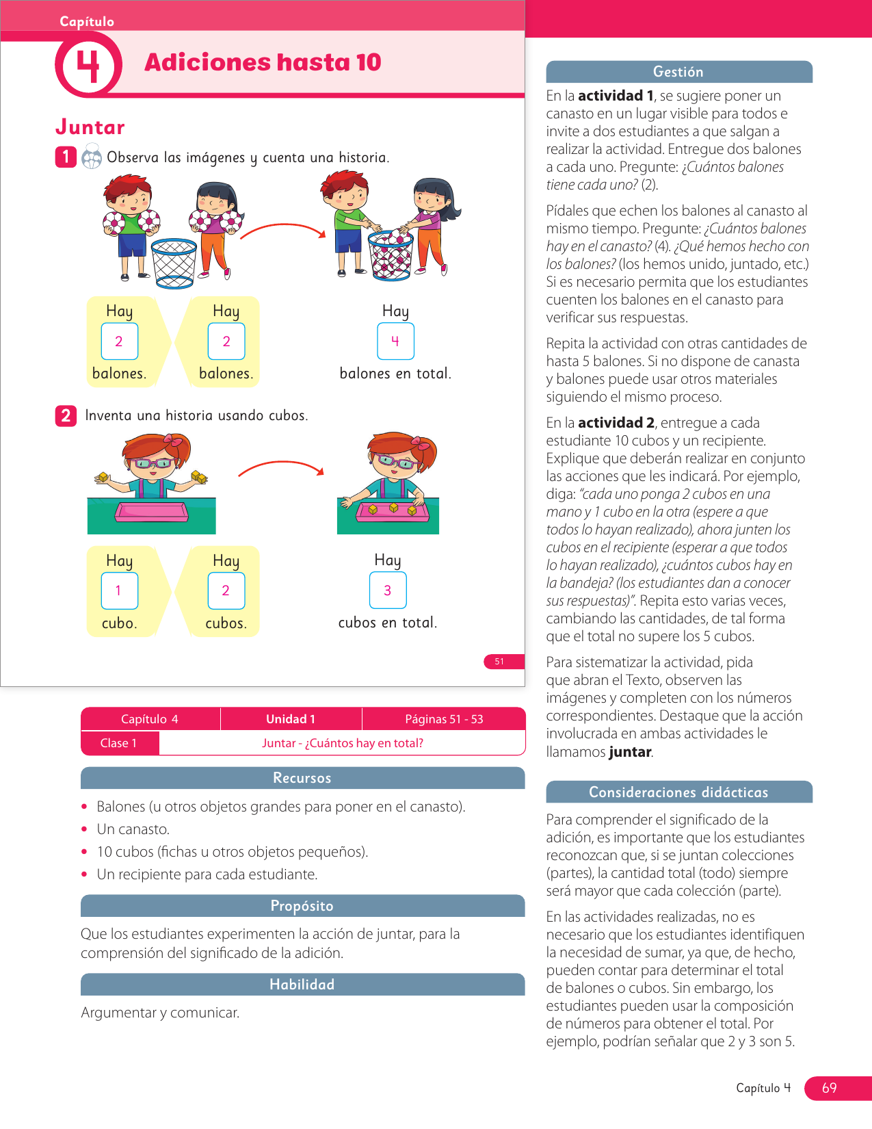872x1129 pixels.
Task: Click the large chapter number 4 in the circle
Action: click(x=88, y=66)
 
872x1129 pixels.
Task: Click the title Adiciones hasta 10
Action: click(x=263, y=62)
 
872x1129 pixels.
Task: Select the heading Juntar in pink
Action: click(x=90, y=127)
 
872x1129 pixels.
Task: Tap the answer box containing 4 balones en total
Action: click(x=395, y=341)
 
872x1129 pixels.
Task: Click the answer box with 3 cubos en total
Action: click(x=388, y=590)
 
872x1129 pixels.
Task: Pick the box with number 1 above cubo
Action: click(x=119, y=590)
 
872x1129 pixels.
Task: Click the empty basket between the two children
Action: click(x=174, y=263)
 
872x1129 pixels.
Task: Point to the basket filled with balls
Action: click(x=391, y=255)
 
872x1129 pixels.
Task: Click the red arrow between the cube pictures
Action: click(x=281, y=467)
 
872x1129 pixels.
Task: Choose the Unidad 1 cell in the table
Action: click(x=291, y=718)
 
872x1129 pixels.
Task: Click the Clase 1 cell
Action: click(x=119, y=743)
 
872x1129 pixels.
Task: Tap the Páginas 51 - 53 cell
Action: click(x=444, y=718)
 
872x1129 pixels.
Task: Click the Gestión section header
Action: click(x=678, y=72)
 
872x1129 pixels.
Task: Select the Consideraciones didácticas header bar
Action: click(x=678, y=792)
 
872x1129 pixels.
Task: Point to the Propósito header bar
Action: click(x=302, y=905)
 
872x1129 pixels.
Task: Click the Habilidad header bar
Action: click(x=302, y=984)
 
